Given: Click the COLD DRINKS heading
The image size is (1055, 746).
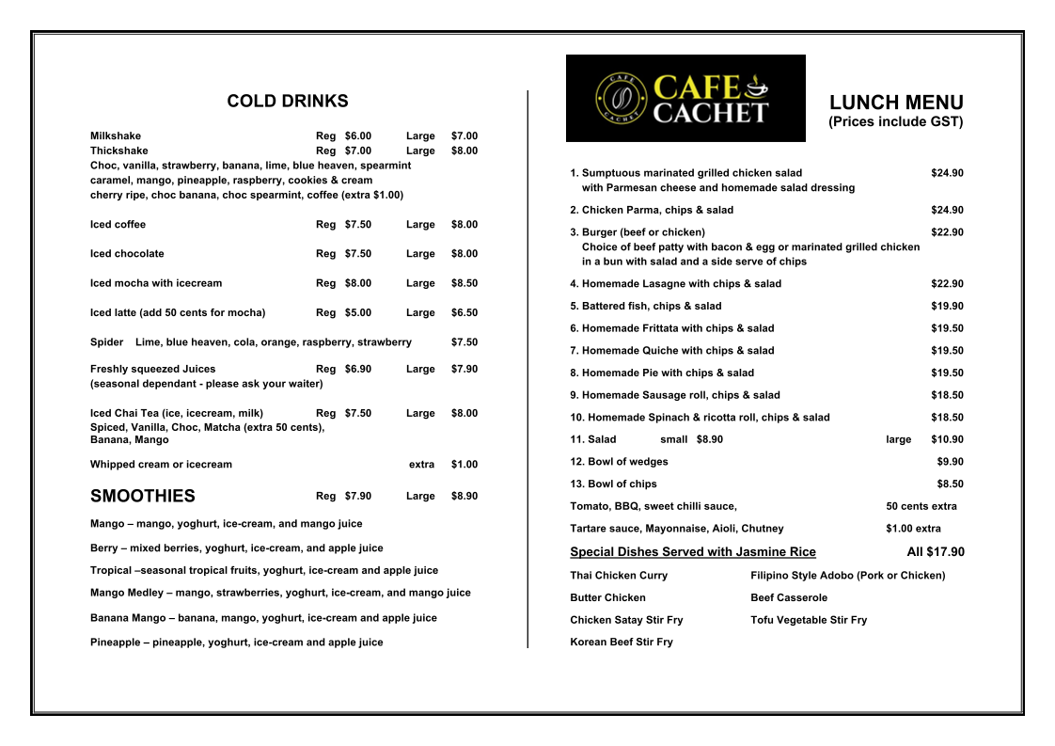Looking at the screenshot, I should (288, 102).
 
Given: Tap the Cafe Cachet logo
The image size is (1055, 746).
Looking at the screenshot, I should (685, 99).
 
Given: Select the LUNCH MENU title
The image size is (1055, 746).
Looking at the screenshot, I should (896, 103).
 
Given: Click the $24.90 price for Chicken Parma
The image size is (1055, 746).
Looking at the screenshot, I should (947, 210).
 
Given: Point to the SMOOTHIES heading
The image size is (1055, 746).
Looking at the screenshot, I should (143, 496).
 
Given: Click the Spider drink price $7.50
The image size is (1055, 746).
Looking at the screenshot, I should (464, 342).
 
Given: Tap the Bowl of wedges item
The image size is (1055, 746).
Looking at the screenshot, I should (619, 462).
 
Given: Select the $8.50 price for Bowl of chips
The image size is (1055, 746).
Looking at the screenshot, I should (950, 484).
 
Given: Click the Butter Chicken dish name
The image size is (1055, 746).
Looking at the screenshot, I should (607, 597).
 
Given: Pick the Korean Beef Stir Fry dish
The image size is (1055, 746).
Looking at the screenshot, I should (622, 643).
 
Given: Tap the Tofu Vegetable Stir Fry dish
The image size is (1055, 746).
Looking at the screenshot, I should (809, 620).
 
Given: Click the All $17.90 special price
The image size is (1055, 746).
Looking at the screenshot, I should (936, 552).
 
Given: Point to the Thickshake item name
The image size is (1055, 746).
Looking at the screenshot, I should (119, 151).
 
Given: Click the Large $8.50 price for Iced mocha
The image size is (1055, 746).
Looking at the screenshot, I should (464, 283).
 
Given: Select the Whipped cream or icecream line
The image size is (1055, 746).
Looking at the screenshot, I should (161, 464).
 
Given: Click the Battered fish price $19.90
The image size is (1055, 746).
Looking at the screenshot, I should (947, 306).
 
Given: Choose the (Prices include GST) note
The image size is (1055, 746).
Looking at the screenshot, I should (896, 122).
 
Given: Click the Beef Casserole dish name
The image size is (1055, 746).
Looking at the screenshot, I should (789, 597).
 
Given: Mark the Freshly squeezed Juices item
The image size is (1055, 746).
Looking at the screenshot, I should (153, 369).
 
